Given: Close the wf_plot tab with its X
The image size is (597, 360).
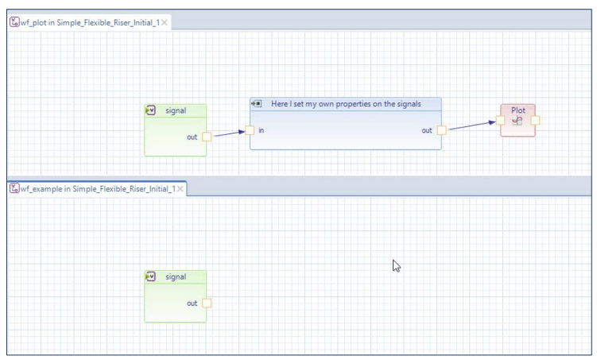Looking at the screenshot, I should click(165, 22).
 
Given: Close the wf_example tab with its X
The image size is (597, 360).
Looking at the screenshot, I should click(180, 189).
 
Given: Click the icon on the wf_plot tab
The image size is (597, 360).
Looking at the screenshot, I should click(14, 22).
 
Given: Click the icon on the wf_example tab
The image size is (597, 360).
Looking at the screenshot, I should click(14, 189).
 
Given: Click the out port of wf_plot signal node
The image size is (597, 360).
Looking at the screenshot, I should click(207, 137).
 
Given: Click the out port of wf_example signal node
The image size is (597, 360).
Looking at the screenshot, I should click(207, 303).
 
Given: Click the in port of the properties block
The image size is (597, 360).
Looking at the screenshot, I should click(250, 130).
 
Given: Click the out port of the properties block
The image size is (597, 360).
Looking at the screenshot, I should click(442, 130).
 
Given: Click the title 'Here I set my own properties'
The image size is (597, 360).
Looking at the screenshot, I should click(346, 104).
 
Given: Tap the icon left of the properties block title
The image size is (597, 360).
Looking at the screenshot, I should click(257, 104).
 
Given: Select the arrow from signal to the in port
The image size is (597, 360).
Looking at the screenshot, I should click(228, 134).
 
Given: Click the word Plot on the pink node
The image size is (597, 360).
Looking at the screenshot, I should click(518, 110).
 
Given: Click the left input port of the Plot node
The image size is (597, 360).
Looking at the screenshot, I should click(500, 121).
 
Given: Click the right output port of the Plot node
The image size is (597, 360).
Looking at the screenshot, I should click(535, 121).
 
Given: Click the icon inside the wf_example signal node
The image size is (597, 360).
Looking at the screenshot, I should click(151, 277).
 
